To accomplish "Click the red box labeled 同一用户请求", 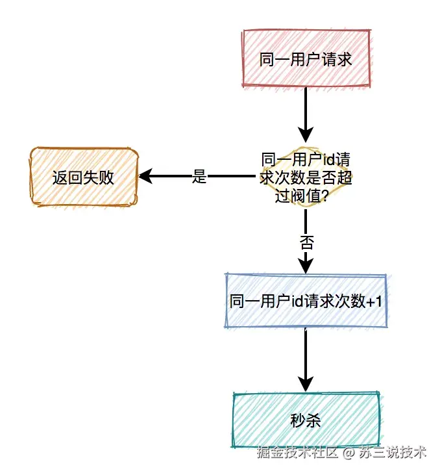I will (305, 58).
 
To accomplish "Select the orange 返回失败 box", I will (84, 177).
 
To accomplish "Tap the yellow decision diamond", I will (305, 177).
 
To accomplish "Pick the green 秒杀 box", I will (305, 420).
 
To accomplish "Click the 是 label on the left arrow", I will (199, 177).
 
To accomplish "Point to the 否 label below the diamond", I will (306, 243).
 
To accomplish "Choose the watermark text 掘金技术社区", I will (298, 451).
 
